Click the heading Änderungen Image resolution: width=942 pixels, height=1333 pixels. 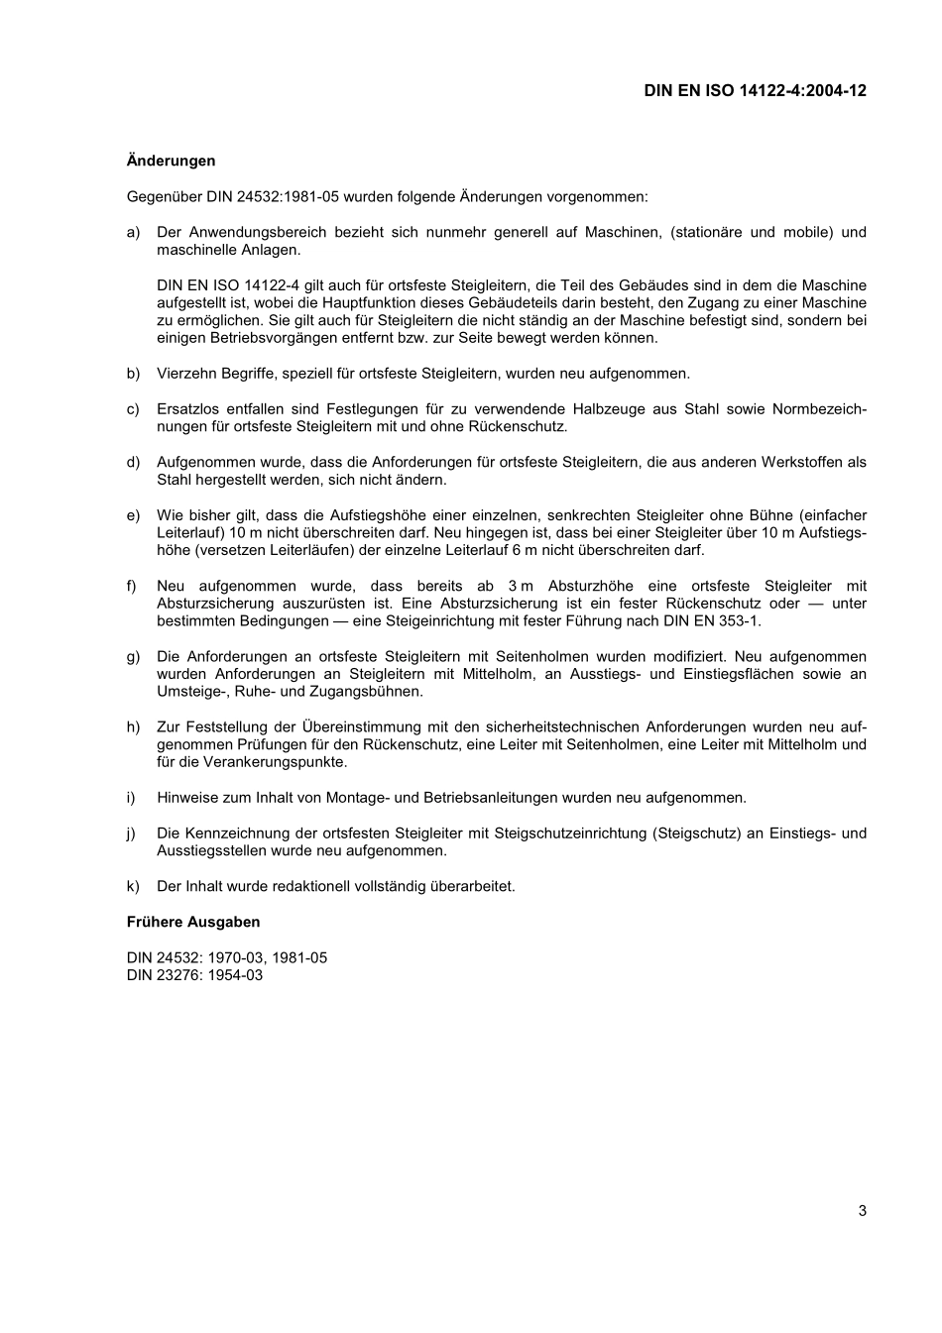pos(171,161)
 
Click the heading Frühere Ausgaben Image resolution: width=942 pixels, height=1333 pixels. pos(193,922)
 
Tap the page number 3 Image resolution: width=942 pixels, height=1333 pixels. pos(862,1210)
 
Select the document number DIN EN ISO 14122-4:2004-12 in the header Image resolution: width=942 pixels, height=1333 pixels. pos(755,90)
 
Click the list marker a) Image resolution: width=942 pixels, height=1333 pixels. pos(133,232)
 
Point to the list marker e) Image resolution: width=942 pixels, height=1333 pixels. pos(133,515)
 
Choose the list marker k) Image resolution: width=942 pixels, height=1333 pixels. pos(133,886)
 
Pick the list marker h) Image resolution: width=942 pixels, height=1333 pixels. pos(133,726)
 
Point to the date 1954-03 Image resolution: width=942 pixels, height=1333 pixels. pos(235,975)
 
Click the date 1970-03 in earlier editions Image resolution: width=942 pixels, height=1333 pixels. pos(235,957)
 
